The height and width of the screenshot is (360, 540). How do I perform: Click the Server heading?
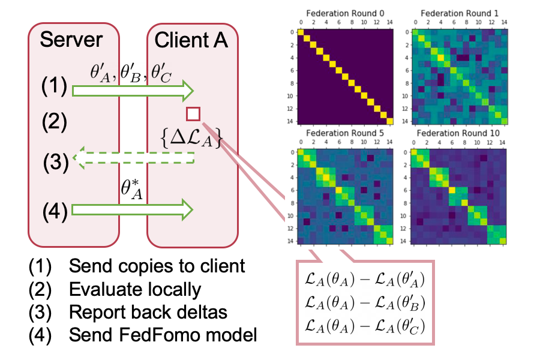click(x=71, y=40)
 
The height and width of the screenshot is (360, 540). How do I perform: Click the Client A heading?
click(x=191, y=40)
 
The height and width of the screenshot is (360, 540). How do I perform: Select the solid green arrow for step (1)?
click(x=133, y=91)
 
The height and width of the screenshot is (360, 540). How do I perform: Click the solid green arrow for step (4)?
click(x=133, y=209)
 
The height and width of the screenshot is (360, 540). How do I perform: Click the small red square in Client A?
click(x=193, y=114)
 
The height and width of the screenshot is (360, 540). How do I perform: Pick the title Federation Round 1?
click(x=455, y=13)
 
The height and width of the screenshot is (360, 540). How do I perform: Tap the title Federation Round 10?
click(x=455, y=133)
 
